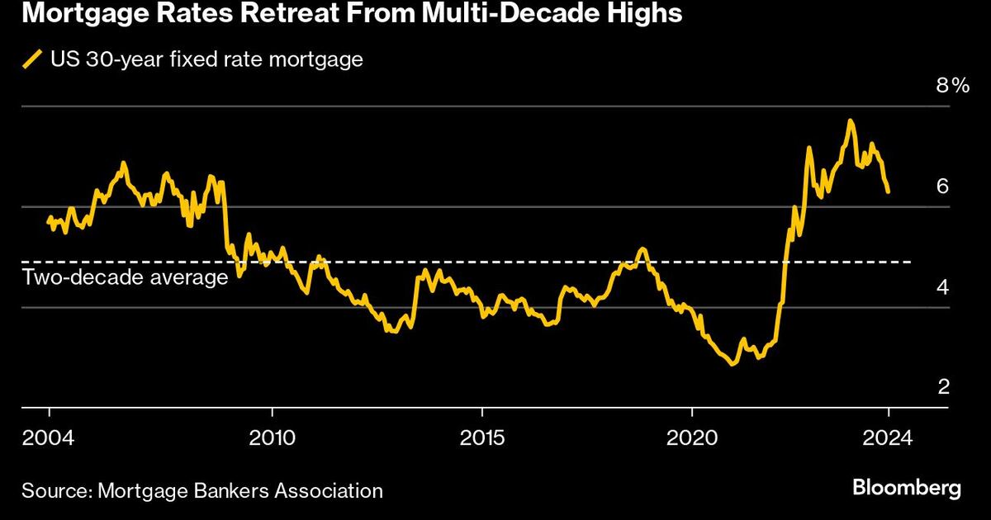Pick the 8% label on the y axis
point(951,85)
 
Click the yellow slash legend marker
point(33,60)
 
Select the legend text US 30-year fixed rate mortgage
point(206,60)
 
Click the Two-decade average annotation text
point(125,277)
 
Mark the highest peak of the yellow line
point(850,121)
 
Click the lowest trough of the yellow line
point(732,363)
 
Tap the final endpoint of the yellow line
point(888,191)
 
